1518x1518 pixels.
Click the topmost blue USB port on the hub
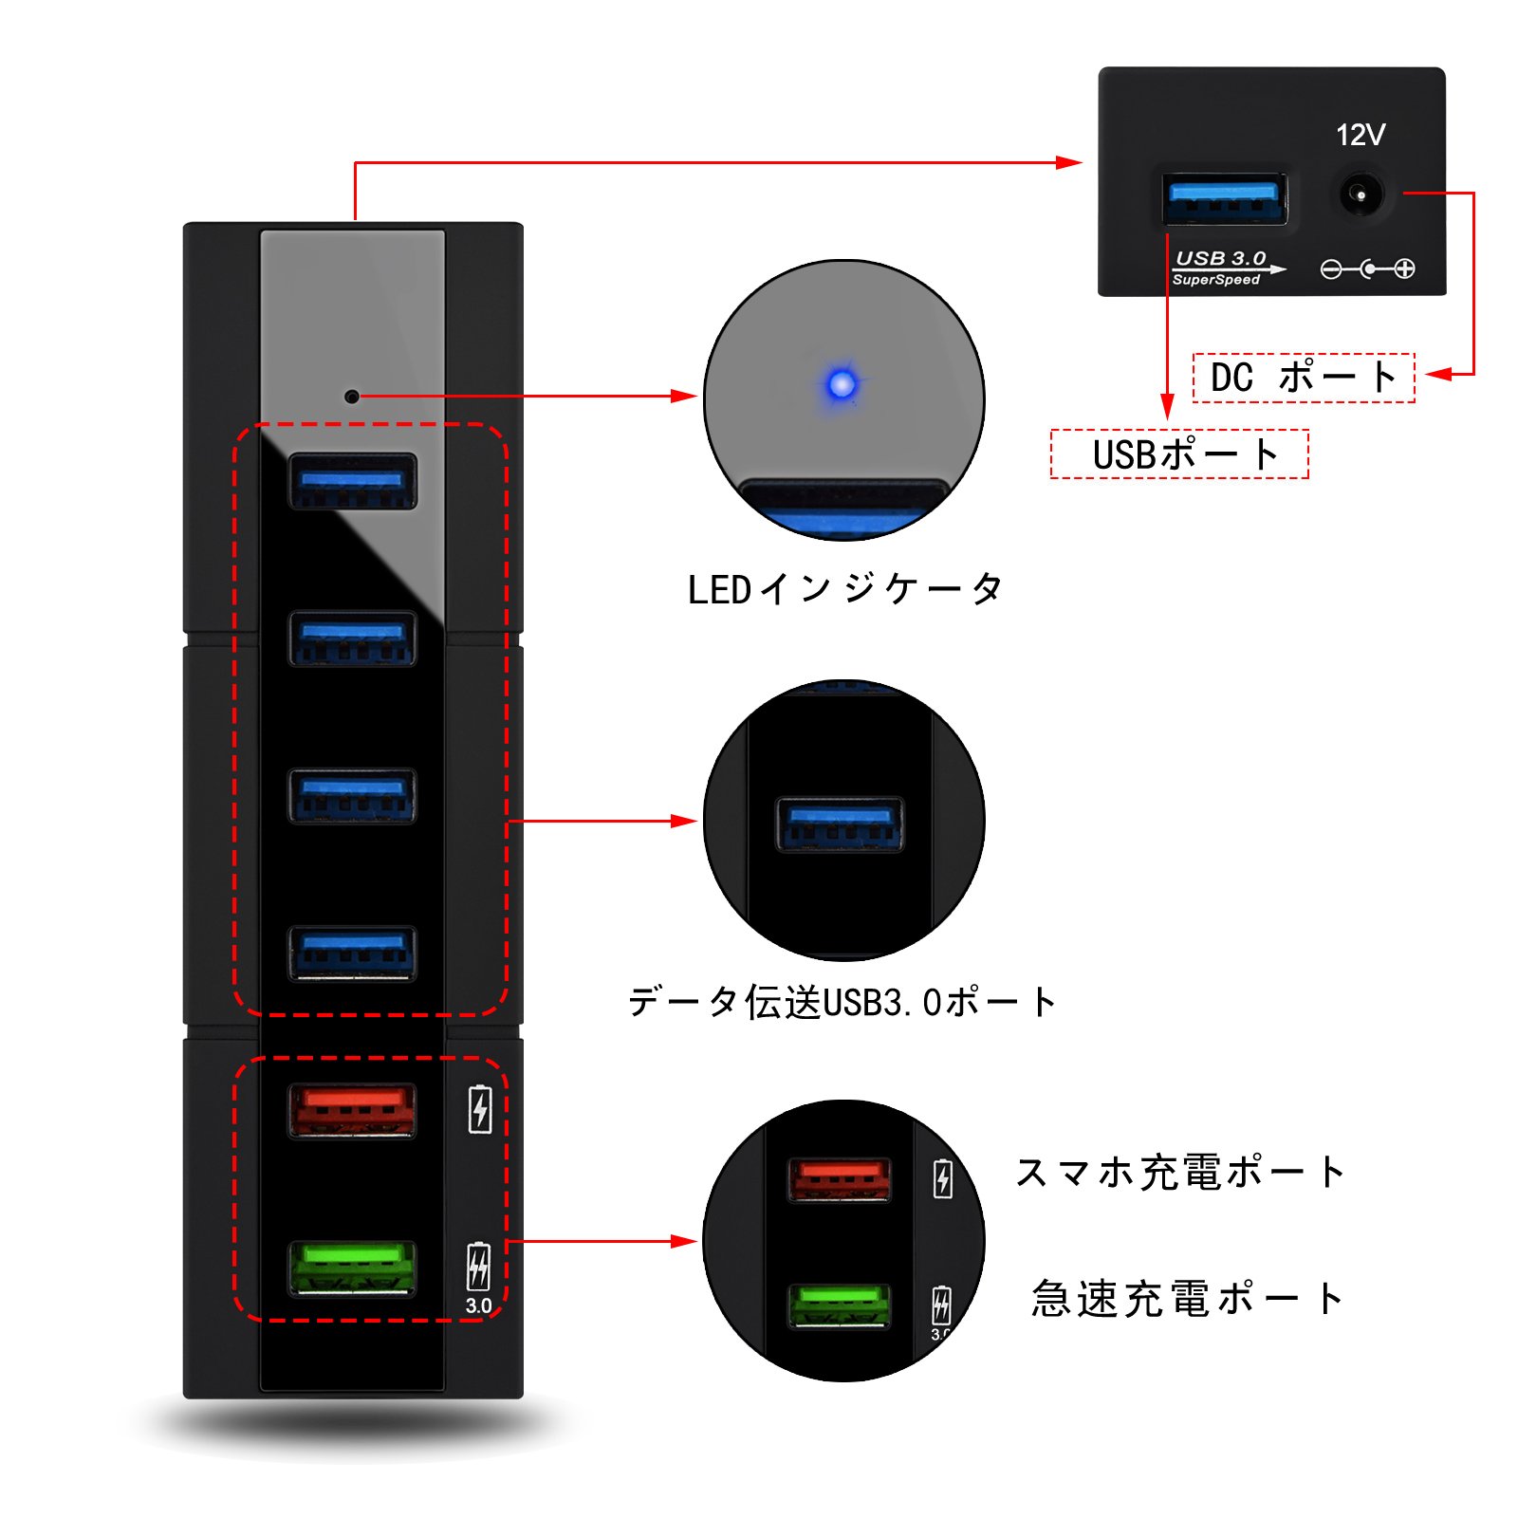(x=352, y=481)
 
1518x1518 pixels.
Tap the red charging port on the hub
(x=352, y=1110)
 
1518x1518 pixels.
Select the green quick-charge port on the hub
(x=352, y=1268)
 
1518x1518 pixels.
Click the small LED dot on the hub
(x=351, y=397)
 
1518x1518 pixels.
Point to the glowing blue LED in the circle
(x=842, y=384)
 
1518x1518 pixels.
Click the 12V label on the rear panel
(x=1361, y=136)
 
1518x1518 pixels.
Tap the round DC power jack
(x=1361, y=194)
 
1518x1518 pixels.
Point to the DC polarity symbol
(x=1368, y=269)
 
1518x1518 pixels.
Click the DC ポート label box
(x=1304, y=378)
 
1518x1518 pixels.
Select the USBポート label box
(x=1179, y=454)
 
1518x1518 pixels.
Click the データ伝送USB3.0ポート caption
(x=842, y=1002)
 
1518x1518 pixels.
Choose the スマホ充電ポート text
(x=1180, y=1173)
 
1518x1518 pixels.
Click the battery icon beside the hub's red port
(x=480, y=1109)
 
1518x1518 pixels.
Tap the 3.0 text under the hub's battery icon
(x=479, y=1305)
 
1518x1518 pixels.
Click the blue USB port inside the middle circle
(x=840, y=824)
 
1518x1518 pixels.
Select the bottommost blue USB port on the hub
(x=352, y=953)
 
